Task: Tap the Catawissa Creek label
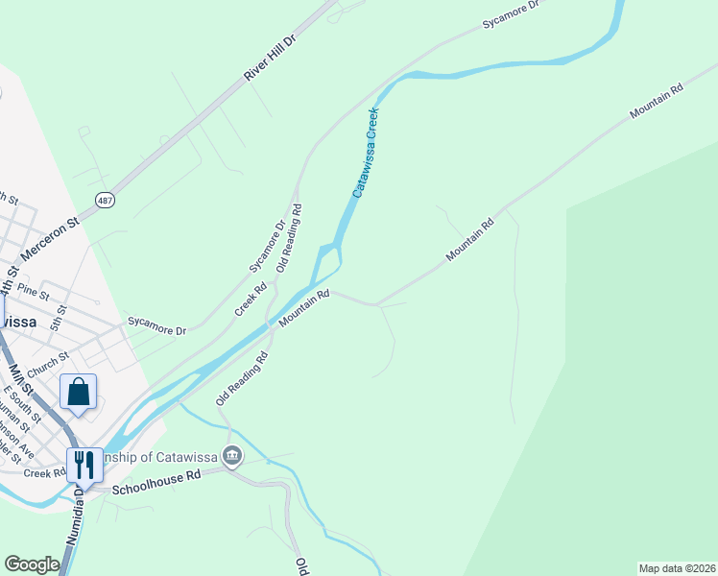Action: pos(366,153)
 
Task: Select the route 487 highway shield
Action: pos(105,199)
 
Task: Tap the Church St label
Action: pos(48,364)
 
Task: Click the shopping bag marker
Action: pos(78,392)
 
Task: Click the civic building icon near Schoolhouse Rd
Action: pos(231,456)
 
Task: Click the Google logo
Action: pos(32,564)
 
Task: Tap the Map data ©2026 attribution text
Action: pos(676,568)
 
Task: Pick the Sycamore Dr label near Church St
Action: pos(156,325)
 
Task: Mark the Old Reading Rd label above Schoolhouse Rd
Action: pos(241,378)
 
